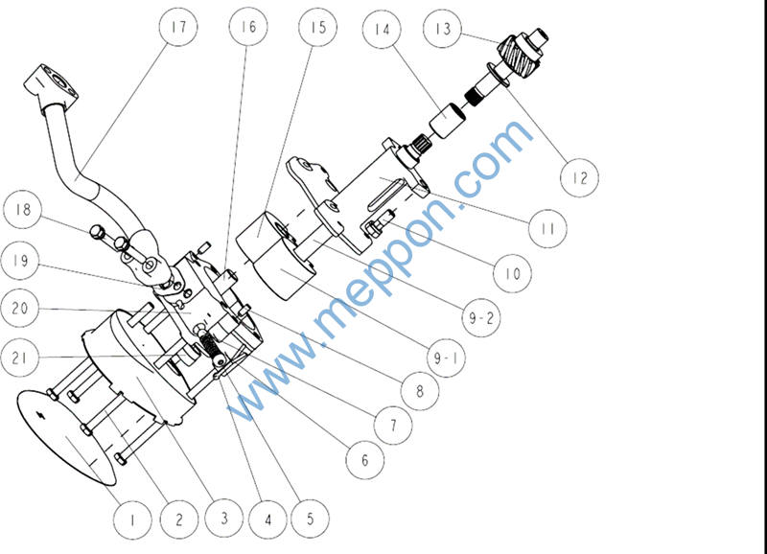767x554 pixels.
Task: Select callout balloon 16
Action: (x=248, y=27)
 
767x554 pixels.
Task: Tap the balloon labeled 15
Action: (x=318, y=27)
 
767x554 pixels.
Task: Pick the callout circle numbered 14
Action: (x=383, y=30)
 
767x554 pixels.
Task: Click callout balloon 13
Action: (x=442, y=30)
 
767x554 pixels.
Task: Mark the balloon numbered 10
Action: (x=513, y=273)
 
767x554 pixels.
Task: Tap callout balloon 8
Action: (x=420, y=391)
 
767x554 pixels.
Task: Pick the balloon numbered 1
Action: (x=132, y=519)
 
